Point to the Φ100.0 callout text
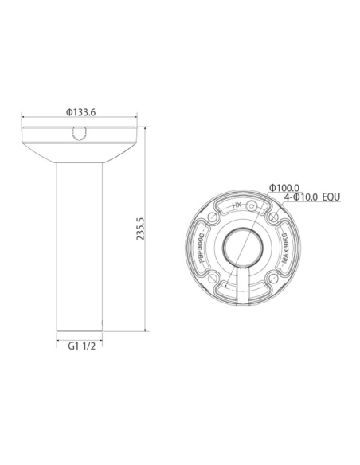click(x=284, y=187)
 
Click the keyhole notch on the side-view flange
click(x=80, y=135)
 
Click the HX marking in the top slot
click(x=236, y=205)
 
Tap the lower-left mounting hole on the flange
click(x=214, y=272)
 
